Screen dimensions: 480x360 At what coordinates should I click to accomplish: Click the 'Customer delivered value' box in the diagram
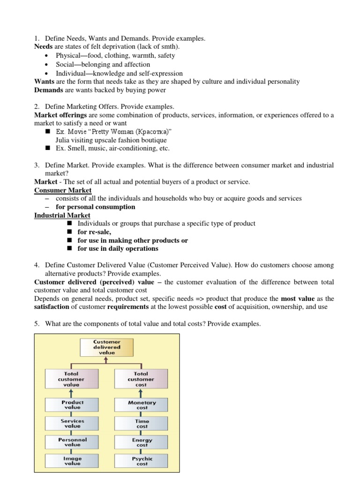pyautogui.click(x=107, y=347)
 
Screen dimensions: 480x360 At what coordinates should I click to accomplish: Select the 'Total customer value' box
pyautogui.click(x=72, y=379)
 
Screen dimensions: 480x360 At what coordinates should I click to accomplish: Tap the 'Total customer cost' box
pyautogui.click(x=141, y=379)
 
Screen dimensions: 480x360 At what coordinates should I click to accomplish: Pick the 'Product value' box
pyautogui.click(x=72, y=405)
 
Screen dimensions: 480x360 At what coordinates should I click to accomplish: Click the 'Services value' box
pyautogui.click(x=72, y=423)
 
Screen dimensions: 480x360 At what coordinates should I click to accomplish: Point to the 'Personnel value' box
pyautogui.click(x=72, y=442)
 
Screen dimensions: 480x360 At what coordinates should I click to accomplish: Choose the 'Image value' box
pyautogui.click(x=72, y=461)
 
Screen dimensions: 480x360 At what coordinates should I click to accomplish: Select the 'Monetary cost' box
pyautogui.click(x=142, y=405)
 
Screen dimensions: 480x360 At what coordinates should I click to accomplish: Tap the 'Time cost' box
pyautogui.click(x=142, y=424)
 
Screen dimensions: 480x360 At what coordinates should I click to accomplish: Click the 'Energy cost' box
pyautogui.click(x=142, y=442)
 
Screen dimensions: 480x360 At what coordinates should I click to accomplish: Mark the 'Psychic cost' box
pyautogui.click(x=142, y=461)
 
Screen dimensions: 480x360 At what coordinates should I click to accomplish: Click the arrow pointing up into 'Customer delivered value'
pyautogui.click(x=107, y=360)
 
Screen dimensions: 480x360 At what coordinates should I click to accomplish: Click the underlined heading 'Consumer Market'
pyautogui.click(x=63, y=190)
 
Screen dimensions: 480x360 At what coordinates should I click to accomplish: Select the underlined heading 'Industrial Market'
pyautogui.click(x=62, y=215)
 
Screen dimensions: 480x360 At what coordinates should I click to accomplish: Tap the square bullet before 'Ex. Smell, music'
pyautogui.click(x=47, y=148)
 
